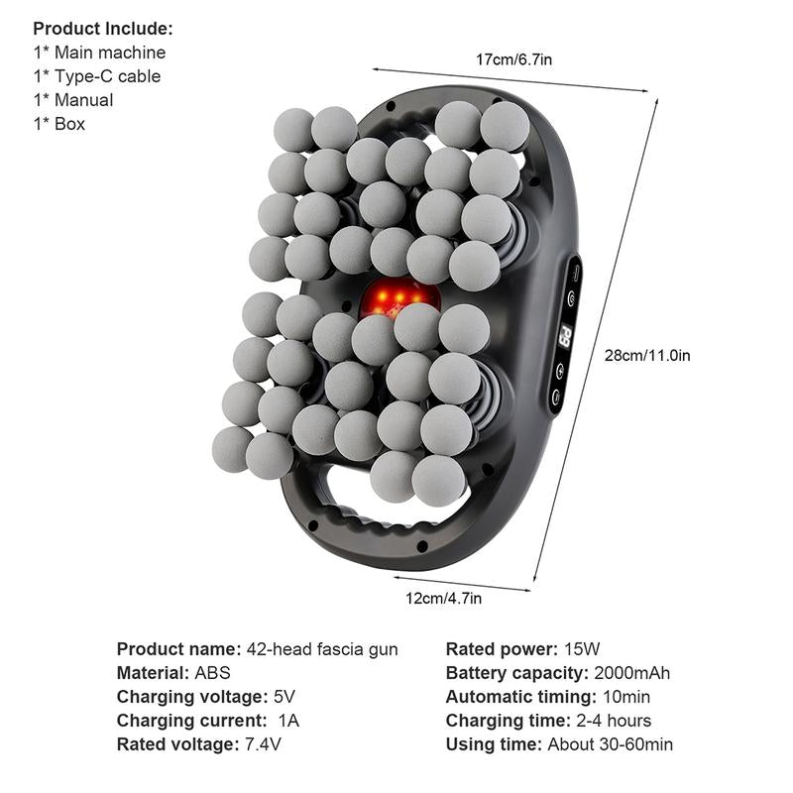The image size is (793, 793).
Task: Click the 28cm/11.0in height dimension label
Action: pyautogui.click(x=647, y=355)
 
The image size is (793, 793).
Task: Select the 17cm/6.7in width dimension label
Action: pyautogui.click(x=514, y=59)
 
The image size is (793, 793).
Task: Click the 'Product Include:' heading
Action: pyautogui.click(x=103, y=28)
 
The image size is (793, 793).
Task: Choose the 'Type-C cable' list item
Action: pyautogui.click(x=102, y=76)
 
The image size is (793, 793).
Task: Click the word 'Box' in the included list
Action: pyautogui.click(x=69, y=124)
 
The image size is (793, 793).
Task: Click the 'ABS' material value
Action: pyautogui.click(x=212, y=673)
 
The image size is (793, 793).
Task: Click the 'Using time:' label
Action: pyautogui.click(x=492, y=744)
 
